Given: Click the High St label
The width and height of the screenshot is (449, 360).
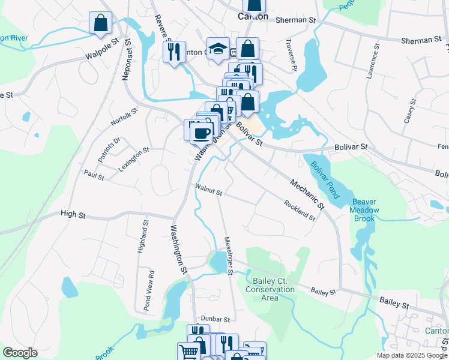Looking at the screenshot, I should pos(73,214).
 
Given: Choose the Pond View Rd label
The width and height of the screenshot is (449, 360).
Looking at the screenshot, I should pos(147,290).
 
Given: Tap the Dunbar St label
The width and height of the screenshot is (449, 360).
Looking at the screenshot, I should pos(215,319).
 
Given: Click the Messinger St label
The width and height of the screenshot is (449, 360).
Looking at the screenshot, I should pos(228,256).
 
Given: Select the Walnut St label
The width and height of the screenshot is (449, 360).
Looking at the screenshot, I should pos(208,190).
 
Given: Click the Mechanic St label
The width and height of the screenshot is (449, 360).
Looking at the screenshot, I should pos(307,194).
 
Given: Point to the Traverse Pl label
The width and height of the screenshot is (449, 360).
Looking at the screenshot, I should pos(292,56).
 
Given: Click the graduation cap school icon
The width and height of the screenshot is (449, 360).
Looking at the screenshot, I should pos(218,49).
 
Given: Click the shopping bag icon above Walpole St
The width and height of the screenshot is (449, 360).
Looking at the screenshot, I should pos(100,23).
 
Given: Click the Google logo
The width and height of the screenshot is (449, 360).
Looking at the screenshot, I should pos(20,353).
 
